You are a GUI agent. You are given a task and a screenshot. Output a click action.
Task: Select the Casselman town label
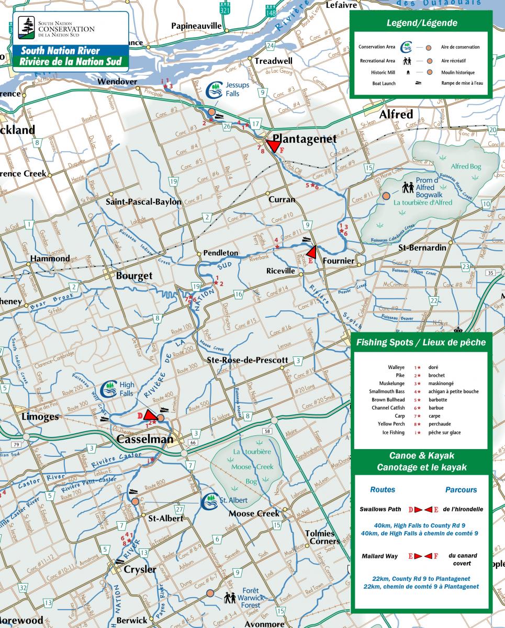(144, 439)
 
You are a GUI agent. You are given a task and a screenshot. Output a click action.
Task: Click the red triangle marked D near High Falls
(148, 416)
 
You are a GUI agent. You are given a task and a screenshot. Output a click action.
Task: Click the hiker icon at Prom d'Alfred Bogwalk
(408, 187)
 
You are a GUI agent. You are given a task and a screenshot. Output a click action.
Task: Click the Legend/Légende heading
(421, 23)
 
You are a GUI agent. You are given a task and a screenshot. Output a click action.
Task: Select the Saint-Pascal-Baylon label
(143, 201)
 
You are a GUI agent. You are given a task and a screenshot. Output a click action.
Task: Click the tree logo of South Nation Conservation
(26, 27)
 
